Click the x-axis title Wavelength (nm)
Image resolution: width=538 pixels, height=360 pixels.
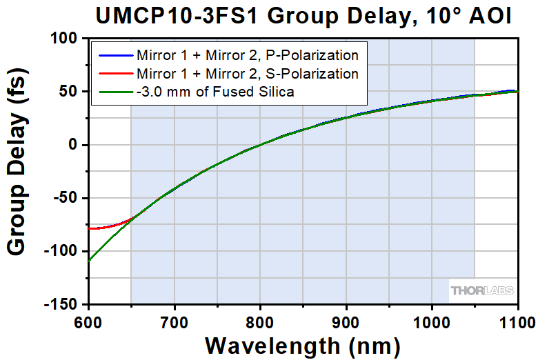(303, 343)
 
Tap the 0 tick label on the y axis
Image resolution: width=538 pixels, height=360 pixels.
(76, 145)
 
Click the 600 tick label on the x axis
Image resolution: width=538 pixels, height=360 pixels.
(88, 319)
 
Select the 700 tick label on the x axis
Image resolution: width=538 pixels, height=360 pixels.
(175, 319)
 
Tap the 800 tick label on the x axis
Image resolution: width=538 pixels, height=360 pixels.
(260, 319)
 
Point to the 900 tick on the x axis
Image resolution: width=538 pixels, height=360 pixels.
(346, 319)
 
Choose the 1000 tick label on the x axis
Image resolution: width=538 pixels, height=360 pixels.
(432, 319)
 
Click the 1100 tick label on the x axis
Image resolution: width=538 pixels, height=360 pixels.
(517, 319)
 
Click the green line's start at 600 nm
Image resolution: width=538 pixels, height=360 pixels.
(89, 261)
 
